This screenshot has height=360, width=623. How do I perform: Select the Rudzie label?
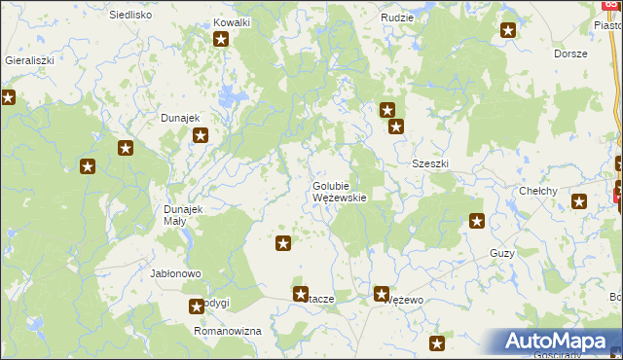[397, 18]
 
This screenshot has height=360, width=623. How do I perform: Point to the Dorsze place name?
[570, 54]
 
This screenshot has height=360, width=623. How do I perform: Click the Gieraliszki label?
[28, 59]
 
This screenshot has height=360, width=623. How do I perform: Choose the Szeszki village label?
[429, 163]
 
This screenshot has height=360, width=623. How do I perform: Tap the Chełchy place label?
[537, 191]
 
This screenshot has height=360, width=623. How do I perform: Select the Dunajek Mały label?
[182, 215]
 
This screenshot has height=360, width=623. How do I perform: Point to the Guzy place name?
[502, 253]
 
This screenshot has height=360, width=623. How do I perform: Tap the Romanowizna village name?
[229, 331]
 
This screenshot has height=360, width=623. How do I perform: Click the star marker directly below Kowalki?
[221, 40]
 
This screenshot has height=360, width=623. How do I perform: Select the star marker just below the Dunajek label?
[200, 136]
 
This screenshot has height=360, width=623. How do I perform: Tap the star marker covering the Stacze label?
[301, 293]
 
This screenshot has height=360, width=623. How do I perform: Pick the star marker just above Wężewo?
[382, 292]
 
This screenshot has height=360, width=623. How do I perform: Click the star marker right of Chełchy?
[579, 202]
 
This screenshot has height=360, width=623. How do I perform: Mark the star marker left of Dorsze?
[508, 31]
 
